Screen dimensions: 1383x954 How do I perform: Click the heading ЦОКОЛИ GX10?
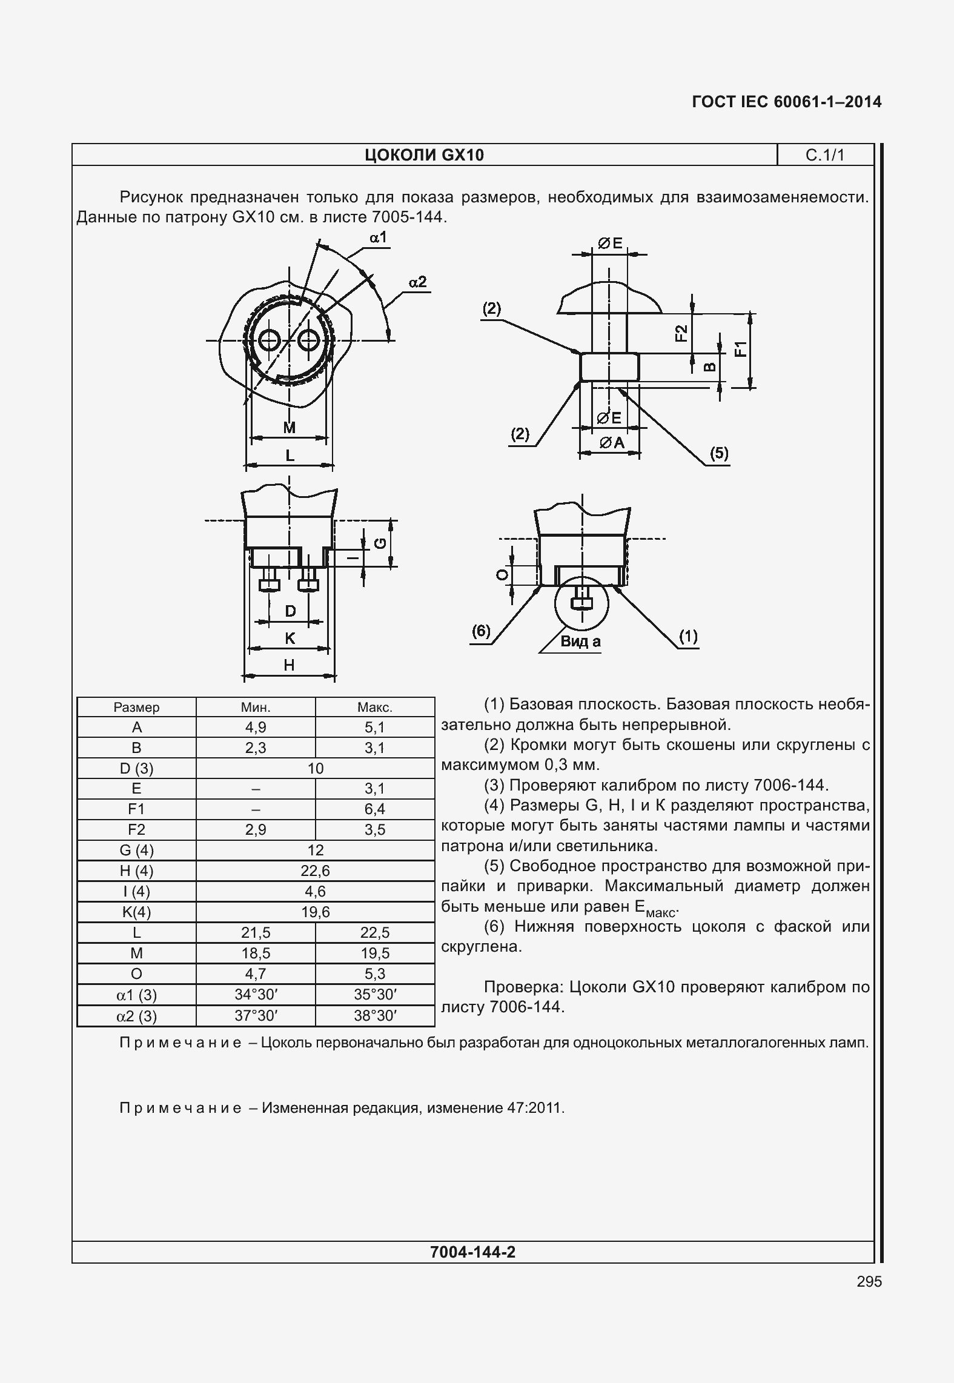pos(424,155)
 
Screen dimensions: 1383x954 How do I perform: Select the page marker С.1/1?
pos(824,155)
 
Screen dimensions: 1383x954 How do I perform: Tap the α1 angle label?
pos(379,237)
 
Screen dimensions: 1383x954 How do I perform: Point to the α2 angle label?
pos(417,282)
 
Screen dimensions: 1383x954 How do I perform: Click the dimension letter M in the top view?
pos(290,428)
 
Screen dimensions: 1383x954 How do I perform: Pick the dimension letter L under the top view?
pos(290,456)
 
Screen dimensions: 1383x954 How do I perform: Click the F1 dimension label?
pos(740,350)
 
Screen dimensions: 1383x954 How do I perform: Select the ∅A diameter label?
pos(612,443)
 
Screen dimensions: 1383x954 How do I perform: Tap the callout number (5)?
pos(719,453)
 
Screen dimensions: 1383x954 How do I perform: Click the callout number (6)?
pos(481,631)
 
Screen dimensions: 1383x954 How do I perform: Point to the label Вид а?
pos(580,642)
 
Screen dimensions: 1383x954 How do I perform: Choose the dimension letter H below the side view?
pos(289,665)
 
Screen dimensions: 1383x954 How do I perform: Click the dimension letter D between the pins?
pos(290,611)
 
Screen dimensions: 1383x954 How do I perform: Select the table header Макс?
pos(374,707)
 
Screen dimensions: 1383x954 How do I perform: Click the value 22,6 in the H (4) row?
pos(315,871)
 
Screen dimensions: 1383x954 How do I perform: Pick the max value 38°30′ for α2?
pos(374,1016)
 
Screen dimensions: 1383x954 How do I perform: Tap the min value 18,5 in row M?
pos(256,953)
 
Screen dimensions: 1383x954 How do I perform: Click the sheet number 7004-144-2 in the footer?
pos(472,1252)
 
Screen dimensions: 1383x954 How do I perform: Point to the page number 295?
pos(869,1281)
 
